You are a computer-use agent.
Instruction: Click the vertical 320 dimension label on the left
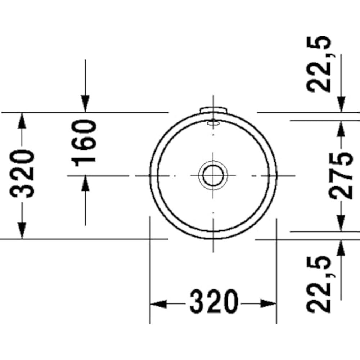click(22, 175)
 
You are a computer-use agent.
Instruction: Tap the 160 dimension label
click(85, 143)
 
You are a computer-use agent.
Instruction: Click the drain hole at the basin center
click(213, 175)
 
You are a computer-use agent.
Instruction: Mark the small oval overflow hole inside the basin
click(213, 123)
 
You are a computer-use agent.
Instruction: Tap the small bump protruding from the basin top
click(213, 109)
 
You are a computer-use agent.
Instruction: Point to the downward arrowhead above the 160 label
click(85, 104)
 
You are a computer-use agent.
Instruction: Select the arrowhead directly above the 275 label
click(341, 128)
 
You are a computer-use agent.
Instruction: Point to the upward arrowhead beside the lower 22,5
click(341, 248)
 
